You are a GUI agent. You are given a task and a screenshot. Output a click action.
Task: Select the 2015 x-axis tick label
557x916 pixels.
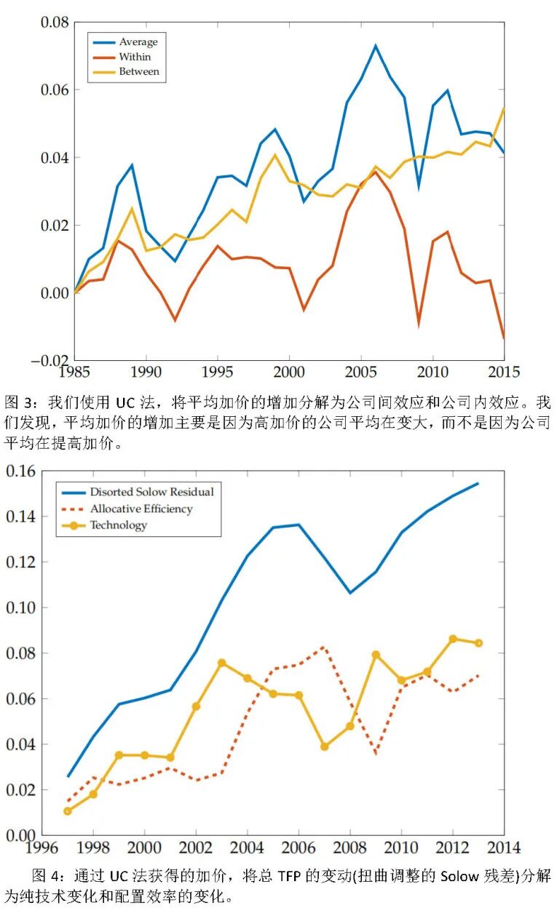click(503, 373)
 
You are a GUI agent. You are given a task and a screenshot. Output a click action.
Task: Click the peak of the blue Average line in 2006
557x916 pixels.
click(376, 45)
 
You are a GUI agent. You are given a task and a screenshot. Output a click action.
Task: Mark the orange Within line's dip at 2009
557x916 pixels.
click(418, 324)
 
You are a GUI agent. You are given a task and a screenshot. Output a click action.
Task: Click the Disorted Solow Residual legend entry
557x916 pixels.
click(151, 492)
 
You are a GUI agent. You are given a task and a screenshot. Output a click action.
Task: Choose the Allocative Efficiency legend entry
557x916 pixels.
click(141, 509)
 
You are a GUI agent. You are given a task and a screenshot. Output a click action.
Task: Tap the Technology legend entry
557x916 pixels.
click(118, 525)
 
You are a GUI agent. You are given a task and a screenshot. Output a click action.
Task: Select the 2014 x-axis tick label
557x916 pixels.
click(503, 848)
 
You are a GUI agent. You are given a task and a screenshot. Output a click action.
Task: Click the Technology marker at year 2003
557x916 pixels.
click(221, 663)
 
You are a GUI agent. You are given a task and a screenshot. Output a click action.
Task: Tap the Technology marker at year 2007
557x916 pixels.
click(324, 746)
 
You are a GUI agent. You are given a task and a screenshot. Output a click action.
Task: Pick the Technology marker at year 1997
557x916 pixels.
click(68, 811)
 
